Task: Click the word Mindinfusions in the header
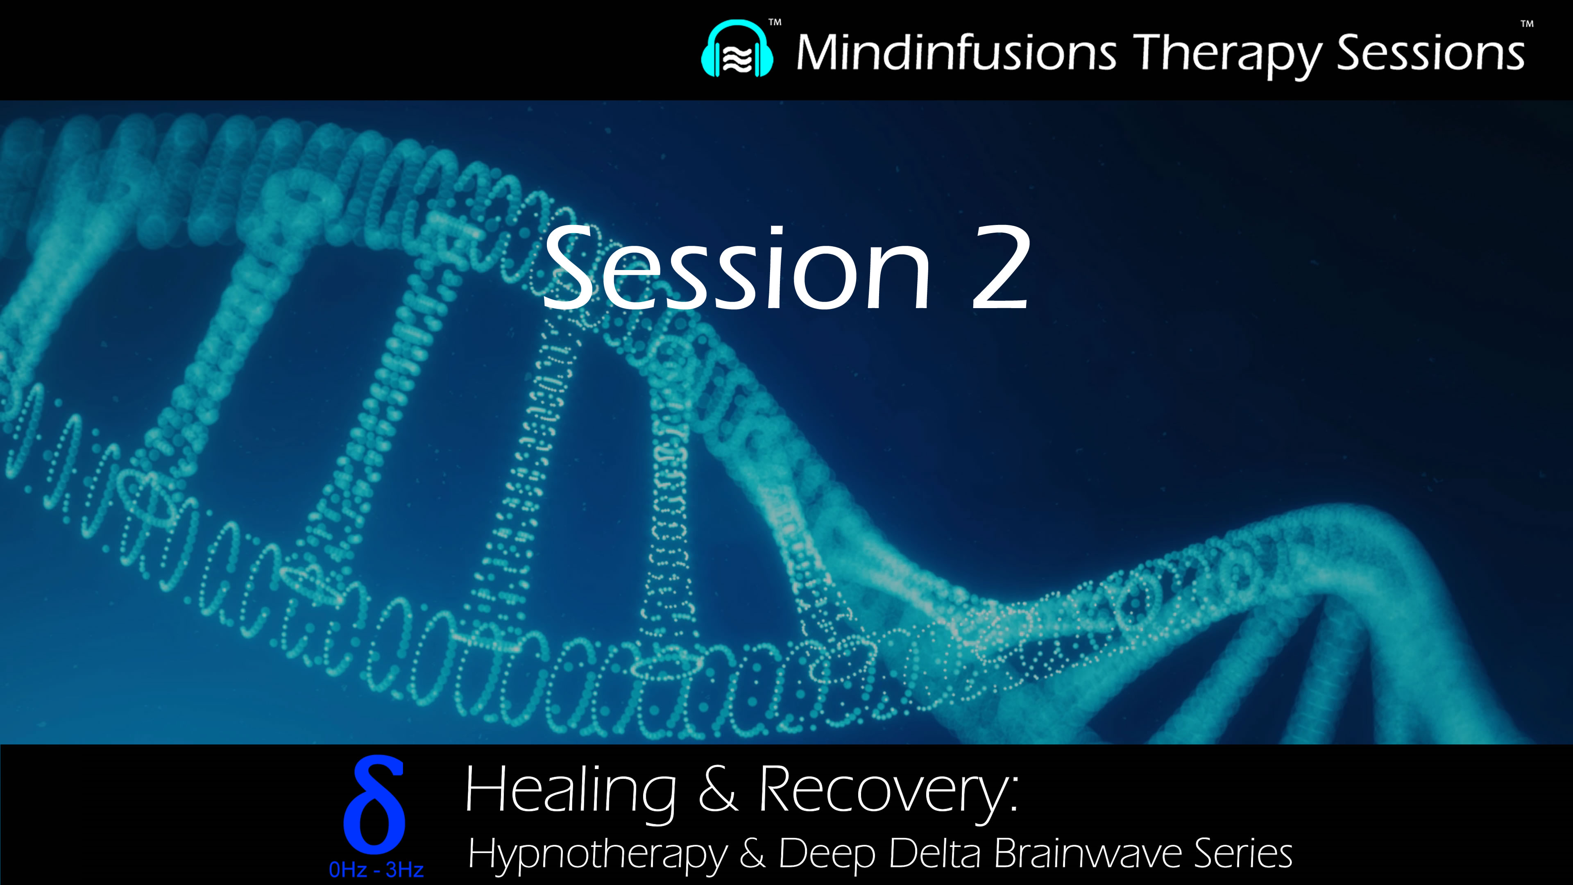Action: click(x=956, y=52)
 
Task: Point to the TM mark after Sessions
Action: click(x=1527, y=25)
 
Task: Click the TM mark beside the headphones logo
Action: click(x=774, y=23)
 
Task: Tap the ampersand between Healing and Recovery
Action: click(x=718, y=790)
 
